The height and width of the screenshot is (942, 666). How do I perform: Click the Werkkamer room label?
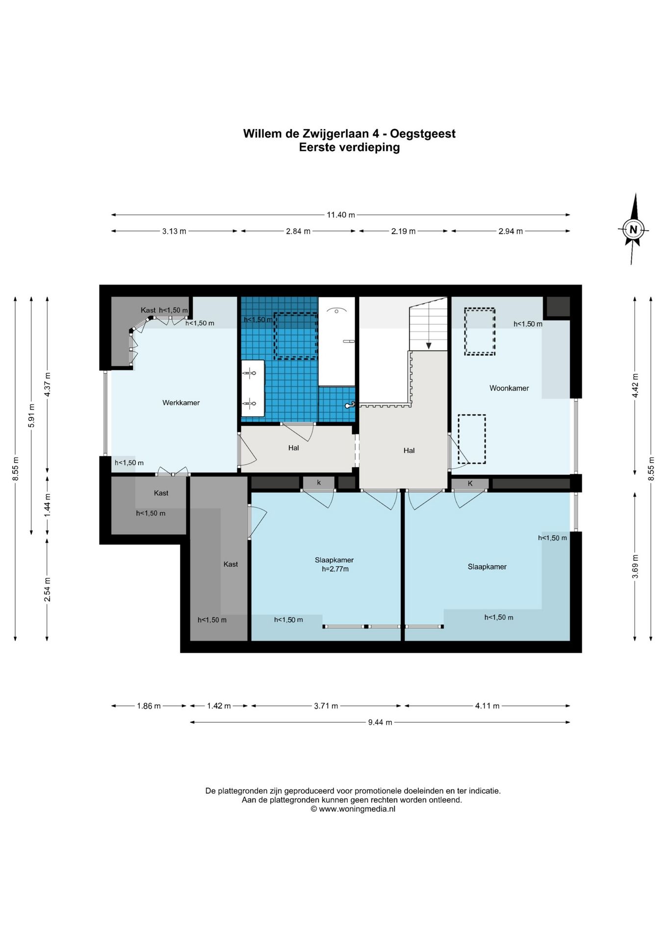coord(181,403)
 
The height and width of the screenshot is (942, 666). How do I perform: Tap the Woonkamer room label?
coord(509,388)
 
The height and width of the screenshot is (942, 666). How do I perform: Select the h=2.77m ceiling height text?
coord(335,569)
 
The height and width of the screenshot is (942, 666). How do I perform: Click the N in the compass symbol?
coord(633,229)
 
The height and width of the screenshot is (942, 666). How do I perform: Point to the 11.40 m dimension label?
coord(341,214)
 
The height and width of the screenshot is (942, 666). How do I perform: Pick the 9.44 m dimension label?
coord(380,722)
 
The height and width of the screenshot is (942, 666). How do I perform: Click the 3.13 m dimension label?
coord(174,231)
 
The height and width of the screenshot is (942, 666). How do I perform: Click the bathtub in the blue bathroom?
coord(336,341)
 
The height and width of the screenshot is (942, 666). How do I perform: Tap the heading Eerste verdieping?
coord(350,147)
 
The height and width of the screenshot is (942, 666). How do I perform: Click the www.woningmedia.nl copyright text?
coord(353,809)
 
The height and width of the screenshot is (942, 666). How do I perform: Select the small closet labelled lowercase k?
coord(319,483)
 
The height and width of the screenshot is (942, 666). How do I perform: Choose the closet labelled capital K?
coord(470,483)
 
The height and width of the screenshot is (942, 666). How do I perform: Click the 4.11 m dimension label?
coord(487,706)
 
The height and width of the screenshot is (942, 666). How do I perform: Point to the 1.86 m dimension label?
coord(149,706)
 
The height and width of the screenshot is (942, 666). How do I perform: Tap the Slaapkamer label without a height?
coord(487,567)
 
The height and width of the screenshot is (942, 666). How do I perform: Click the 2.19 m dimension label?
coord(403,231)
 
